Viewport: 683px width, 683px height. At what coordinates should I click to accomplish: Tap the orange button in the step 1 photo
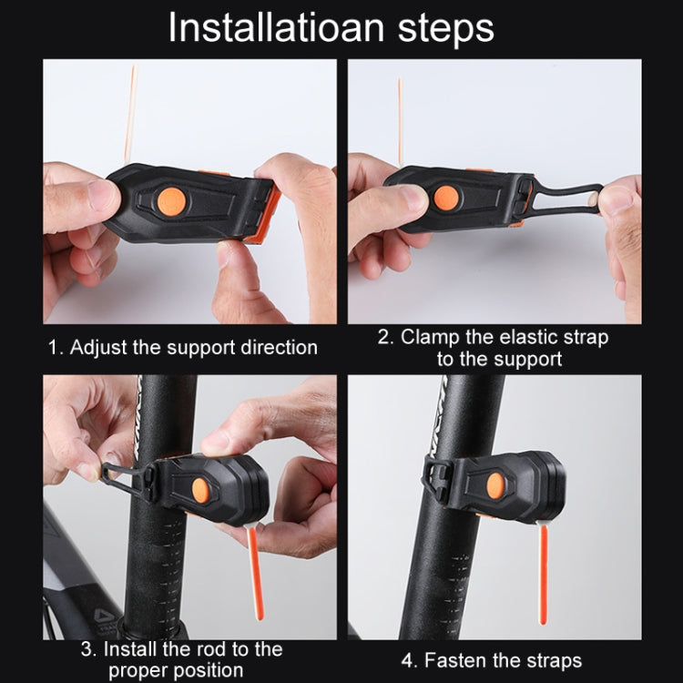point(170,201)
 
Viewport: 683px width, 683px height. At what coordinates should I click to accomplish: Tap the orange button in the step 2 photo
point(446,199)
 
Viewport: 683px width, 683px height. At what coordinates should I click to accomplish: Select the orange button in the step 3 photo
point(200,491)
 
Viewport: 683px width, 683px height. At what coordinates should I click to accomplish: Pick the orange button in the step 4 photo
point(496,485)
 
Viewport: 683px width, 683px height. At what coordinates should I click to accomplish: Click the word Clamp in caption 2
point(427,337)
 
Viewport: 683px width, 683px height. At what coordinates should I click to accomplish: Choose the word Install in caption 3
point(133,649)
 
